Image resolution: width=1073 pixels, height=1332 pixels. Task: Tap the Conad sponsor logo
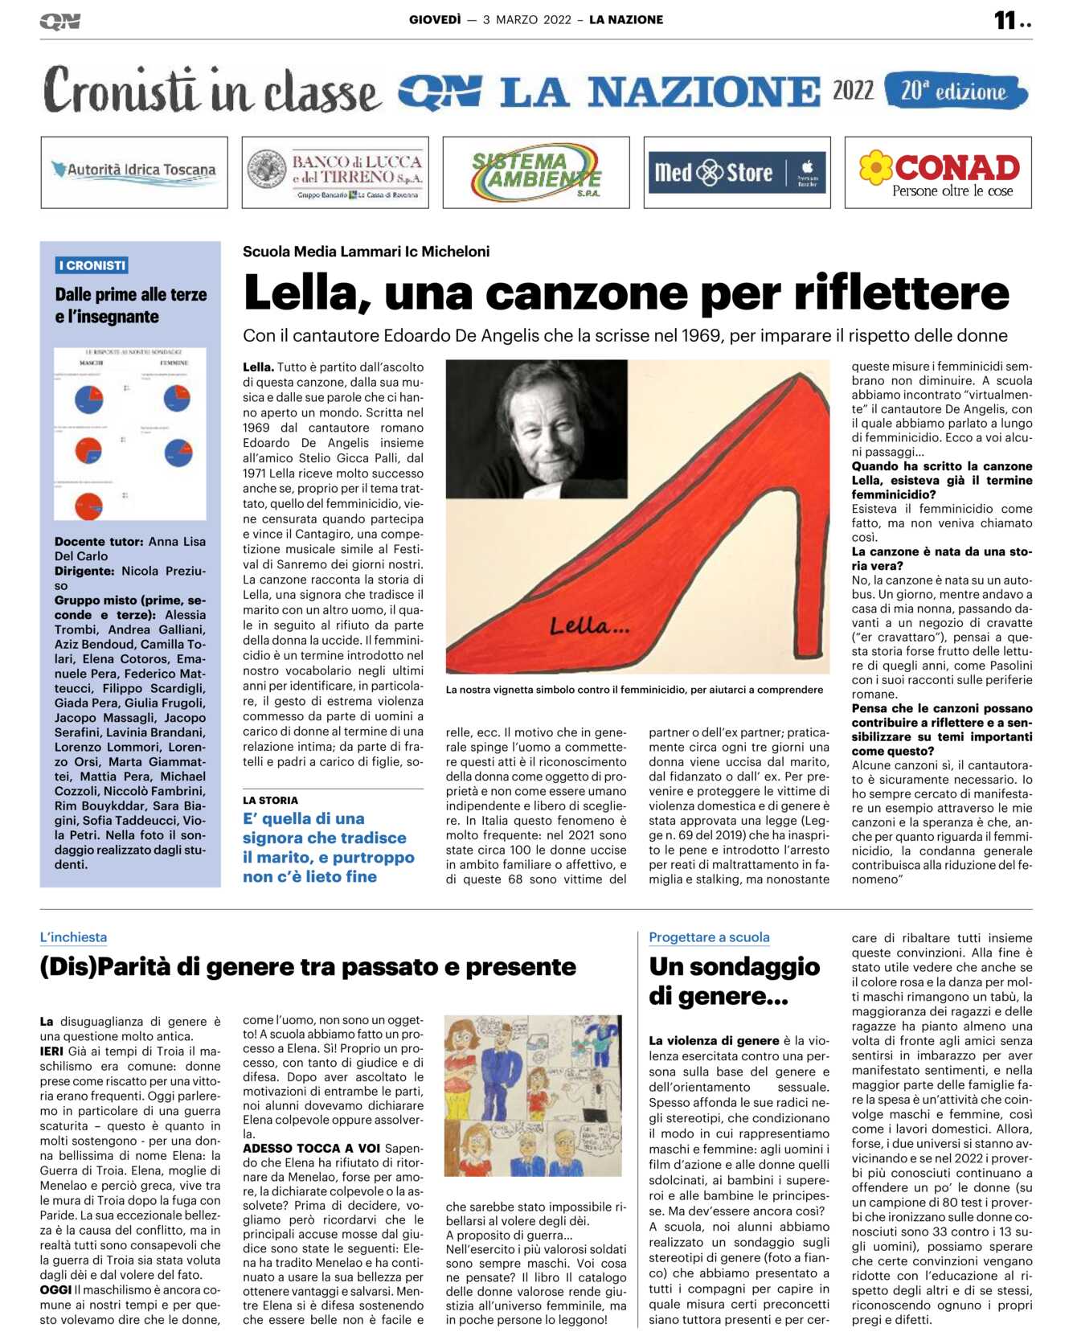pyautogui.click(x=938, y=173)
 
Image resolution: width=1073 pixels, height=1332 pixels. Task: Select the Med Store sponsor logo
pyautogui.click(x=736, y=173)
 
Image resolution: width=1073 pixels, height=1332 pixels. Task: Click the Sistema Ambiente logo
pyautogui.click(x=536, y=172)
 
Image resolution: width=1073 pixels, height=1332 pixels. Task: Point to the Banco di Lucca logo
pyautogui.click(x=335, y=173)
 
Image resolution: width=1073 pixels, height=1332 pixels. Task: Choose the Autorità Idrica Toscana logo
pyautogui.click(x=134, y=171)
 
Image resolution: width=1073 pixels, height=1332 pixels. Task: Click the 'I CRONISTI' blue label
pyautogui.click(x=92, y=265)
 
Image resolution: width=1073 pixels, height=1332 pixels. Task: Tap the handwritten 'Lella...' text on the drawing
pyautogui.click(x=589, y=625)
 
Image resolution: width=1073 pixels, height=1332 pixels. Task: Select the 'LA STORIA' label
pyautogui.click(x=270, y=800)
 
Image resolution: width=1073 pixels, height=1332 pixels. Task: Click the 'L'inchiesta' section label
pyautogui.click(x=73, y=937)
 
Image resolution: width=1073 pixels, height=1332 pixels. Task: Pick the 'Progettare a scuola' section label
pyautogui.click(x=709, y=937)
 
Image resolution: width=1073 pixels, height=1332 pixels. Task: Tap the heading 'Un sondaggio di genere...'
pyautogui.click(x=734, y=981)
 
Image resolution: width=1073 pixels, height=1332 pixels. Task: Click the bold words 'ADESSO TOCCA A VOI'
pyautogui.click(x=311, y=1149)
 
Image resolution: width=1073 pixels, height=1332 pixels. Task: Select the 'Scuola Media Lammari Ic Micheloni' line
pyautogui.click(x=366, y=252)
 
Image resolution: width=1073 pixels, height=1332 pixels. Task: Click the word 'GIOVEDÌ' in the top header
pyautogui.click(x=435, y=20)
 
